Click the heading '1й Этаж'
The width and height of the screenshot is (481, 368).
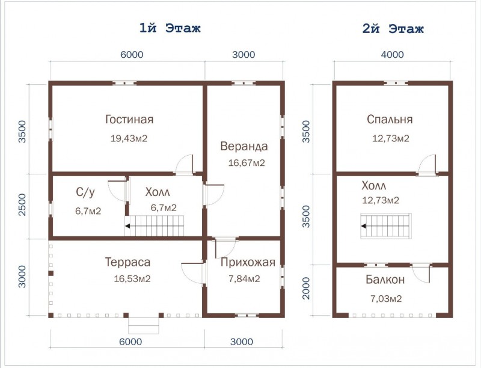click(x=170, y=28)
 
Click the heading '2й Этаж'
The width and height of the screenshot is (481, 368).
click(x=393, y=29)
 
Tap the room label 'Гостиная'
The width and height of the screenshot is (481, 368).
click(x=129, y=119)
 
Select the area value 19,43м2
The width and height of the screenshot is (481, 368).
click(x=129, y=139)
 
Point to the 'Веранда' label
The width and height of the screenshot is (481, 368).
click(x=244, y=146)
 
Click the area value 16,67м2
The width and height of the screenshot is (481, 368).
click(x=247, y=163)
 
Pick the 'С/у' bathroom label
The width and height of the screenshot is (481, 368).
click(x=85, y=192)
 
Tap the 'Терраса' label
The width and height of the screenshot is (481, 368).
click(x=127, y=262)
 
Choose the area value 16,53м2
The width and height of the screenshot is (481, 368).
click(x=132, y=279)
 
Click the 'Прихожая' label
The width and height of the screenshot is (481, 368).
click(x=248, y=263)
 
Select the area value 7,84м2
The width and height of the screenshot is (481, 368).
click(x=244, y=279)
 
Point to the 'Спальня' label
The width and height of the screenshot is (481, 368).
click(x=390, y=119)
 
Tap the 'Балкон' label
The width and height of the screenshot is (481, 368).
click(x=385, y=280)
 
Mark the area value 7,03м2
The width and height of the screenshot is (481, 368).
click(x=386, y=299)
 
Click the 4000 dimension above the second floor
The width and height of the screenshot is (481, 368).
click(x=393, y=55)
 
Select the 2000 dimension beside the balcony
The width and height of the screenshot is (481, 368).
click(x=307, y=288)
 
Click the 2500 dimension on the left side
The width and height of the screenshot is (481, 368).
click(x=23, y=204)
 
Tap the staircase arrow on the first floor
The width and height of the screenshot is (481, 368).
click(x=127, y=226)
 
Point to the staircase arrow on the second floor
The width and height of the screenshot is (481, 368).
click(x=364, y=226)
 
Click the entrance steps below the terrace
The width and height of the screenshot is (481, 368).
click(x=144, y=326)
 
